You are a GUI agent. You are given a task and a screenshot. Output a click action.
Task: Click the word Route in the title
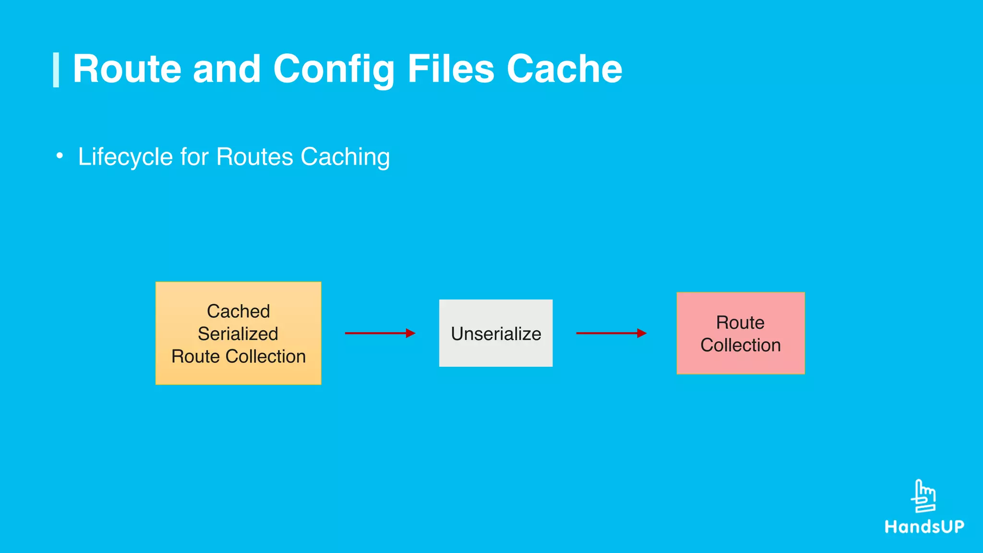pos(127,69)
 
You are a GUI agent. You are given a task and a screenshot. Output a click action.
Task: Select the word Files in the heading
pos(450,69)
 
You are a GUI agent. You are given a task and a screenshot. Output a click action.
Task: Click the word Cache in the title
pos(564,69)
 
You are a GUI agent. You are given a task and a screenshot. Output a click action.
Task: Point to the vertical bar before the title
pos(56,70)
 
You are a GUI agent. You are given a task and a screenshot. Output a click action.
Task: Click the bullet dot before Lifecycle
pos(60,156)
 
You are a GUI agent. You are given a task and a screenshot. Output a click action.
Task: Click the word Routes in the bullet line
pos(254,157)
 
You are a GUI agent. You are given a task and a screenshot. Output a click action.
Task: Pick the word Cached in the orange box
pos(238,311)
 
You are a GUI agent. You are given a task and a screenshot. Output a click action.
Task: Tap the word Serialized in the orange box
pos(238,334)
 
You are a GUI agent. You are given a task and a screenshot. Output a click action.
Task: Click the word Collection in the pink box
pos(741,345)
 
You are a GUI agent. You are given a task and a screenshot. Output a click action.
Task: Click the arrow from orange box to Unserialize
pos(380,333)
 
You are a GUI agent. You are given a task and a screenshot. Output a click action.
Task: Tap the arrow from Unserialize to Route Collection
pos(611,333)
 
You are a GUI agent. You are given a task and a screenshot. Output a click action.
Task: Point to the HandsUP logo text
pos(924,527)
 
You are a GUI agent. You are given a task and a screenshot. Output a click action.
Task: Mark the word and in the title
pos(227,69)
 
